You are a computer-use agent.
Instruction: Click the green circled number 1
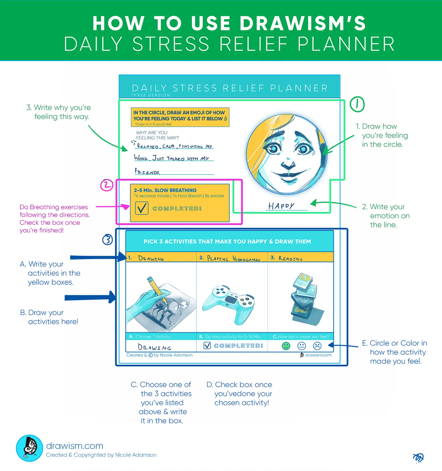(x=357, y=104)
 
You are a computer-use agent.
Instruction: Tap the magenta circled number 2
(x=107, y=185)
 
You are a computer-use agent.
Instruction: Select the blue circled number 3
(x=108, y=239)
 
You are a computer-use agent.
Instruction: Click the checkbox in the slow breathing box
(x=142, y=208)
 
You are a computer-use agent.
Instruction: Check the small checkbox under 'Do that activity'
(x=207, y=346)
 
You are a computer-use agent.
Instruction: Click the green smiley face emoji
(x=286, y=346)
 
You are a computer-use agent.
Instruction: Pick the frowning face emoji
(x=317, y=346)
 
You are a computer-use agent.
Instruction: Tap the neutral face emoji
(x=302, y=346)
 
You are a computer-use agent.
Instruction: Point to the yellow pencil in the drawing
(x=157, y=289)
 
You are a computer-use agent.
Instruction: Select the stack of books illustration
(x=305, y=297)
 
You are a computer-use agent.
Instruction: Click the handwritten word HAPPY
(x=281, y=206)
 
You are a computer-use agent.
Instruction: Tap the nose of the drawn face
(x=288, y=164)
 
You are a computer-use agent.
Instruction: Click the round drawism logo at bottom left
(x=29, y=448)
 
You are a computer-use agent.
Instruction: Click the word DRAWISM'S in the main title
(x=303, y=23)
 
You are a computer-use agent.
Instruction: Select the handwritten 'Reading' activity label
(x=290, y=258)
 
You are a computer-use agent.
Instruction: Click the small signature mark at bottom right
(x=418, y=458)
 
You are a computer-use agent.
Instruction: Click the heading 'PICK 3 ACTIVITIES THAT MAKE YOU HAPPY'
(x=227, y=242)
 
